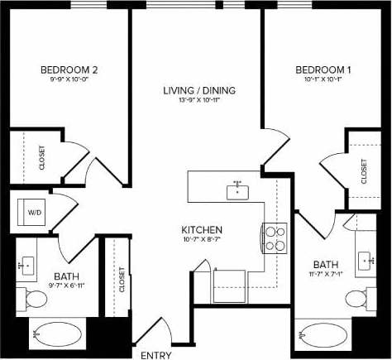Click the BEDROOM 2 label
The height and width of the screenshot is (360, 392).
pyautogui.click(x=70, y=70)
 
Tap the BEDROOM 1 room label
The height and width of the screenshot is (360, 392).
pyautogui.click(x=323, y=70)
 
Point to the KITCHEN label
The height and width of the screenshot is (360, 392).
pyautogui.click(x=203, y=229)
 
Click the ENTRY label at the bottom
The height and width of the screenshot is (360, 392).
pyautogui.click(x=157, y=355)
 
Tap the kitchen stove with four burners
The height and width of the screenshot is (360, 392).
pyautogui.click(x=275, y=238)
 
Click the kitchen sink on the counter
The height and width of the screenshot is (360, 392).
pyautogui.click(x=238, y=190)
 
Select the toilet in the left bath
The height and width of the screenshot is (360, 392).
pyautogui.click(x=37, y=298)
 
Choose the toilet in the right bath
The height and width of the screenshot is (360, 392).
pyautogui.click(x=356, y=299)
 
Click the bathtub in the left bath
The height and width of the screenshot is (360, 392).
pyautogui.click(x=57, y=335)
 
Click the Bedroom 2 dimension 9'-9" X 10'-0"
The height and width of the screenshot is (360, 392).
pyautogui.click(x=70, y=81)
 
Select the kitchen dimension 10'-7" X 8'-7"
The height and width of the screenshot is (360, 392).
pyautogui.click(x=203, y=240)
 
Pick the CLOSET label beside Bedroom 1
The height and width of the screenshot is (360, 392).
pyautogui.click(x=364, y=171)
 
